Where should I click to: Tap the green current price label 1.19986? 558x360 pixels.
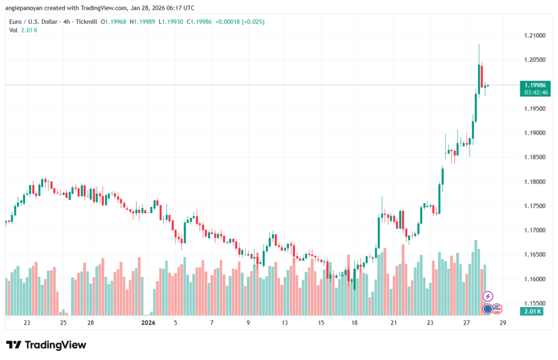[x=537, y=85]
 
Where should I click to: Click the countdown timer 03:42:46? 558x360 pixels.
[x=537, y=93]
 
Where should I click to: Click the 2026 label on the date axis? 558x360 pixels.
[x=148, y=323]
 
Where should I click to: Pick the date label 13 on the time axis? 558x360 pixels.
[x=284, y=323]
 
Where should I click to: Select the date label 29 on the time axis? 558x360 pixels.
[x=502, y=323]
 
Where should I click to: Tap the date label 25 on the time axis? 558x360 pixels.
[x=63, y=323]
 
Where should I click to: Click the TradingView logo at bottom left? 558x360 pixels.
[x=46, y=345]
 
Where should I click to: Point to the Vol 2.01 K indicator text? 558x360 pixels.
[x=23, y=30]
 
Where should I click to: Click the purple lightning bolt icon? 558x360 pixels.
[x=488, y=296]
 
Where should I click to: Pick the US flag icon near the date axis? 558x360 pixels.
[x=497, y=309]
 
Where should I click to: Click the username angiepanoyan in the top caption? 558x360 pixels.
[x=27, y=7]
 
